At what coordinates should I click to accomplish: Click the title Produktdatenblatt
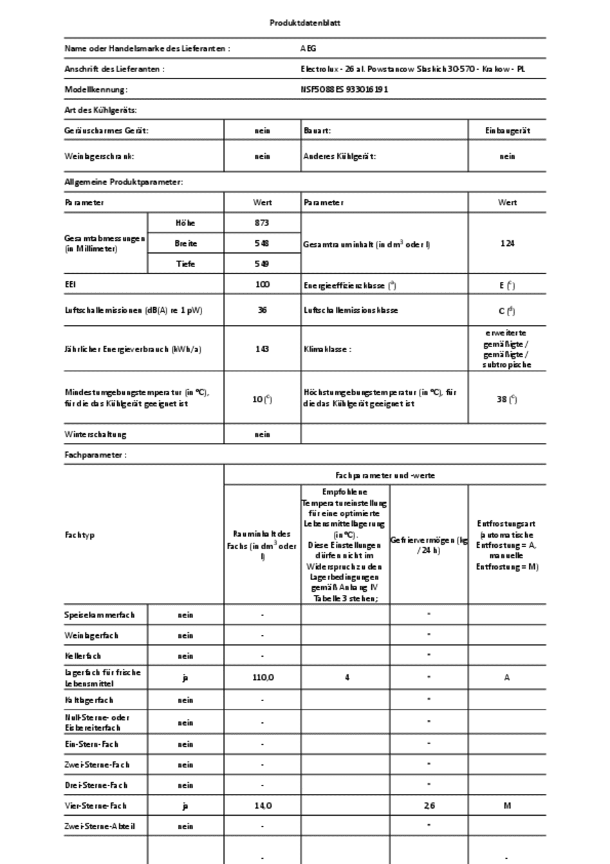[x=305, y=23]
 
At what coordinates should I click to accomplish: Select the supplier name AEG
[x=308, y=48]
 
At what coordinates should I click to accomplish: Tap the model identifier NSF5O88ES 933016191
[x=344, y=89]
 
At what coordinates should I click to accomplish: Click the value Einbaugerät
[x=507, y=131]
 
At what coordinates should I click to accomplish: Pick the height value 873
[x=262, y=223]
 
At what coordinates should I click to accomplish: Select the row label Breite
[x=185, y=243]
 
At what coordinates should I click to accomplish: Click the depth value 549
[x=262, y=264]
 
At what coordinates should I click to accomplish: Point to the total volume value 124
[x=507, y=243]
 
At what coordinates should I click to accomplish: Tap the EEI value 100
[x=262, y=285]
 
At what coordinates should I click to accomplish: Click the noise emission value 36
[x=262, y=310]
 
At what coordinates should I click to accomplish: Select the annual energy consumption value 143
[x=262, y=349]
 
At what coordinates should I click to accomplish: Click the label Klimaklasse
[x=328, y=349]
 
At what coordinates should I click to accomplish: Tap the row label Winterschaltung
[x=95, y=435]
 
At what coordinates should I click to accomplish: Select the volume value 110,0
[x=262, y=677]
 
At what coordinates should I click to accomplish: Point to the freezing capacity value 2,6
[x=429, y=806]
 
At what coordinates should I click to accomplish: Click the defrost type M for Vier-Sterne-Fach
[x=507, y=806]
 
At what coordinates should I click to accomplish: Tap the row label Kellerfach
[x=82, y=656]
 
